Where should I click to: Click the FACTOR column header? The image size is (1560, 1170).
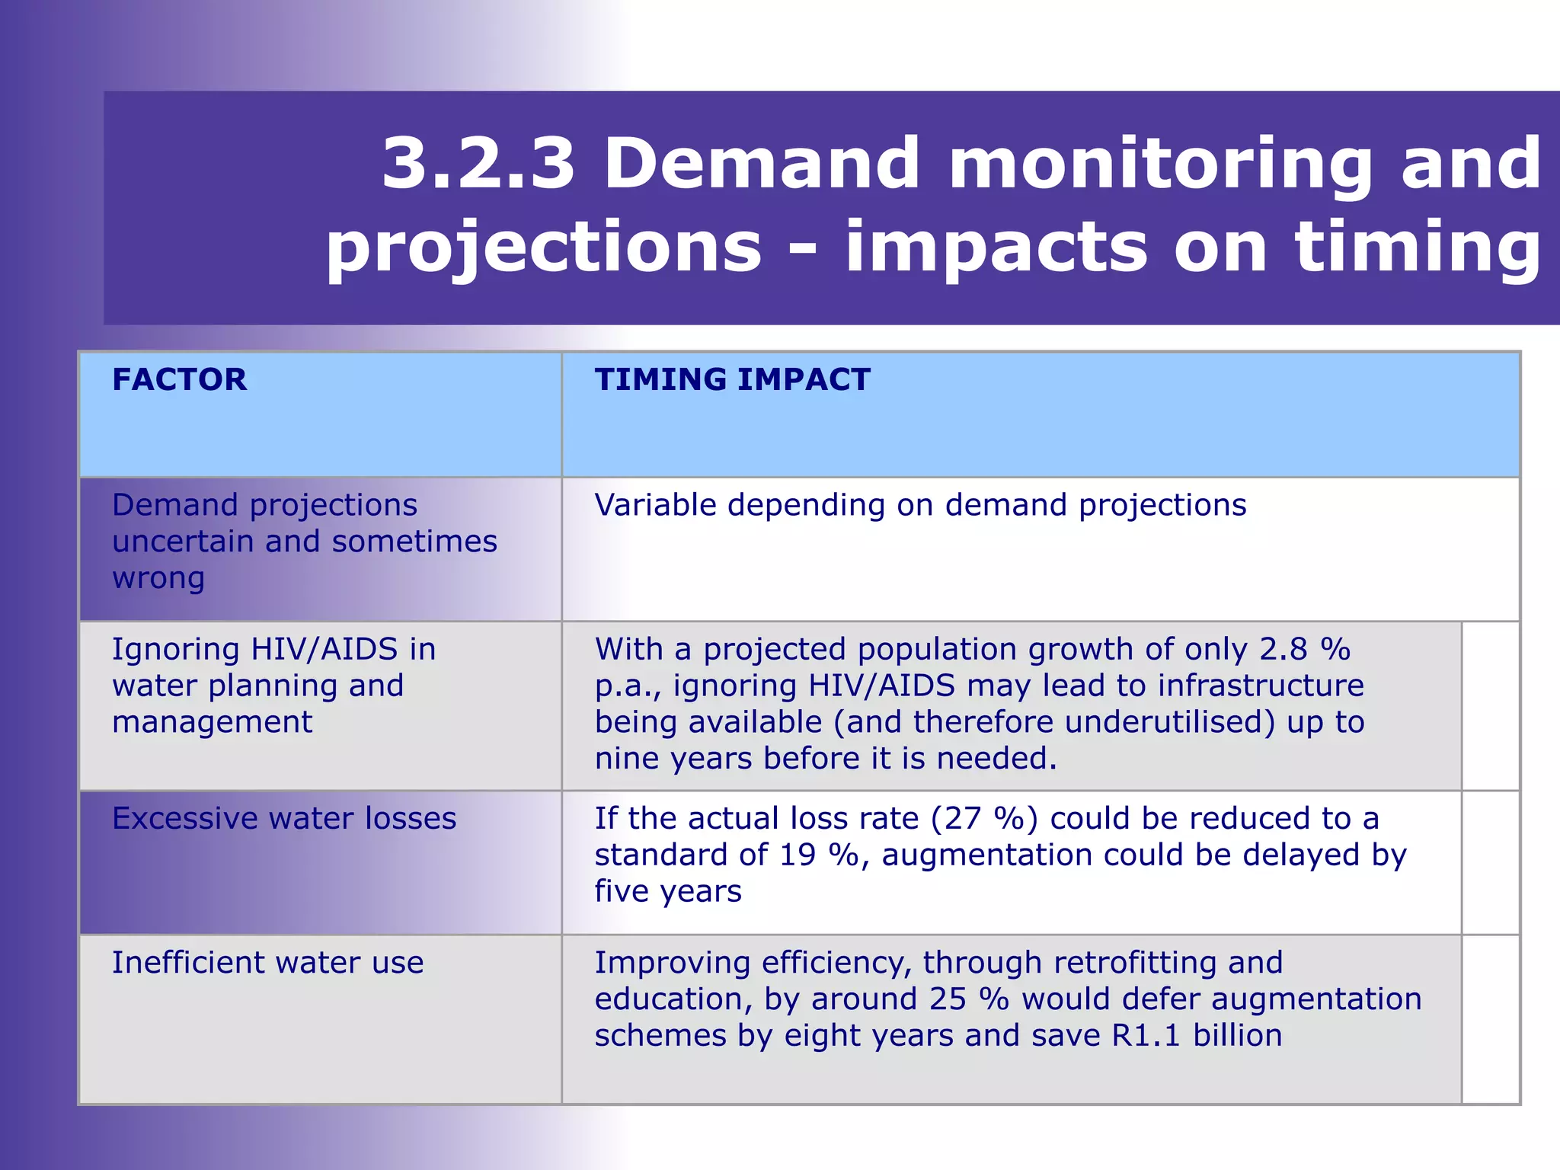179,379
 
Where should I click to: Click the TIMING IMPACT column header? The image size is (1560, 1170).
732,379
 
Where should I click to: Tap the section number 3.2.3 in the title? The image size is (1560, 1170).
478,163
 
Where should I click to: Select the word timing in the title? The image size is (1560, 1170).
1418,247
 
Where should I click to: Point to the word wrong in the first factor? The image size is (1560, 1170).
158,578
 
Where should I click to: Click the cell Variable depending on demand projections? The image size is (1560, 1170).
919,505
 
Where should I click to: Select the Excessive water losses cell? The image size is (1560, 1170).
284,819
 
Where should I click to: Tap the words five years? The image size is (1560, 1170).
667,891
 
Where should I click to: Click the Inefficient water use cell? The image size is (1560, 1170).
267,963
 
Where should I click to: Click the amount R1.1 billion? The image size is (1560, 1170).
1197,1036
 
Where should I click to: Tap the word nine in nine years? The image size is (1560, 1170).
626,759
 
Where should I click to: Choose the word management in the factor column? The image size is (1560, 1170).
212,722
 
